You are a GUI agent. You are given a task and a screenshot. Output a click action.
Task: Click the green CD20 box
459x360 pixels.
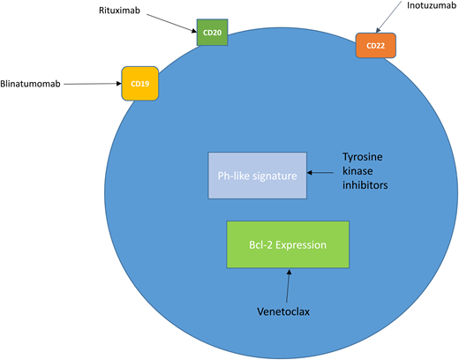click(x=213, y=33)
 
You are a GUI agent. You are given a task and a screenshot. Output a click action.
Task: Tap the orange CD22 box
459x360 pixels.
click(x=375, y=46)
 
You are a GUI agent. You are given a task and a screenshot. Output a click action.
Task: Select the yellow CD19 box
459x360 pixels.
click(x=139, y=85)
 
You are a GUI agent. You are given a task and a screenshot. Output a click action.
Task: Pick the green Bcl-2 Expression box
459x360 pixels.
click(x=288, y=244)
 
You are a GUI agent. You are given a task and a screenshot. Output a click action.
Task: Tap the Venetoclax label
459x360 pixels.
click(x=285, y=310)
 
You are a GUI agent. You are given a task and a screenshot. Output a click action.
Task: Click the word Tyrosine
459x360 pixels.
click(x=363, y=158)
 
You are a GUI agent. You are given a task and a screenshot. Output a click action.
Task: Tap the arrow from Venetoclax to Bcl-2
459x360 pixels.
click(x=286, y=284)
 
